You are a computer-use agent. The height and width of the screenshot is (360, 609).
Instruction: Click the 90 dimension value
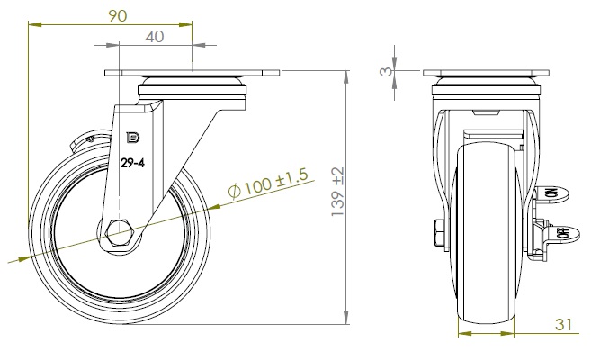tap(117, 16)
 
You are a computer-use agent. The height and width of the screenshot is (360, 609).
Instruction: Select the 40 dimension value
tap(155, 37)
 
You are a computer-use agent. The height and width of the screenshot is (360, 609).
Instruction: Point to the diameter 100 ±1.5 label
tap(269, 183)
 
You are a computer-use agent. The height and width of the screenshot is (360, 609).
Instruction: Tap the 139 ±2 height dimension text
tap(337, 192)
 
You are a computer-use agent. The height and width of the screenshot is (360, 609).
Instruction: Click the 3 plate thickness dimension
tap(386, 71)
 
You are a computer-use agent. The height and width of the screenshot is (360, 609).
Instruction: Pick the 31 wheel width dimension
tap(563, 324)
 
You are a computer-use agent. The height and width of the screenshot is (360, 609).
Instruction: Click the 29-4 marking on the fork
tap(132, 163)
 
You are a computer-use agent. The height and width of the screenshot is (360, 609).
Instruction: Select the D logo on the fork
tap(133, 138)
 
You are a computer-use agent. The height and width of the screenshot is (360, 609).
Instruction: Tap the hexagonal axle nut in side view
tap(120, 233)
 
